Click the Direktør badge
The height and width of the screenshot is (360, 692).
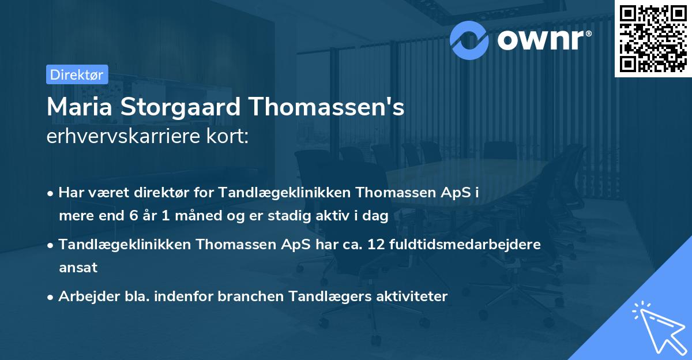pos(77,74)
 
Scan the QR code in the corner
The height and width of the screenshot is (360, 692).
pos(652,37)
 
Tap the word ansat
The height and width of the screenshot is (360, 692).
pos(78,268)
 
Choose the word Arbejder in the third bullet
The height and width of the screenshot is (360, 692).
pos(84,297)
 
